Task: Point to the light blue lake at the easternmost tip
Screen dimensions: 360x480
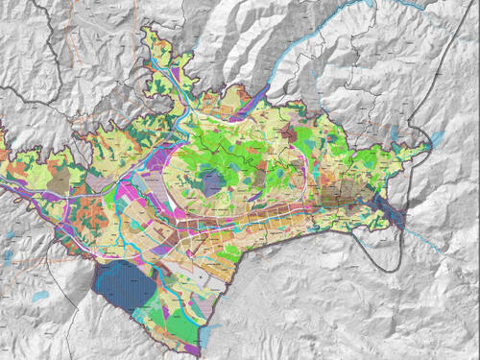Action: coord(435,140)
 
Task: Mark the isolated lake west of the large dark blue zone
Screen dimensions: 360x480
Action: coord(39,297)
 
